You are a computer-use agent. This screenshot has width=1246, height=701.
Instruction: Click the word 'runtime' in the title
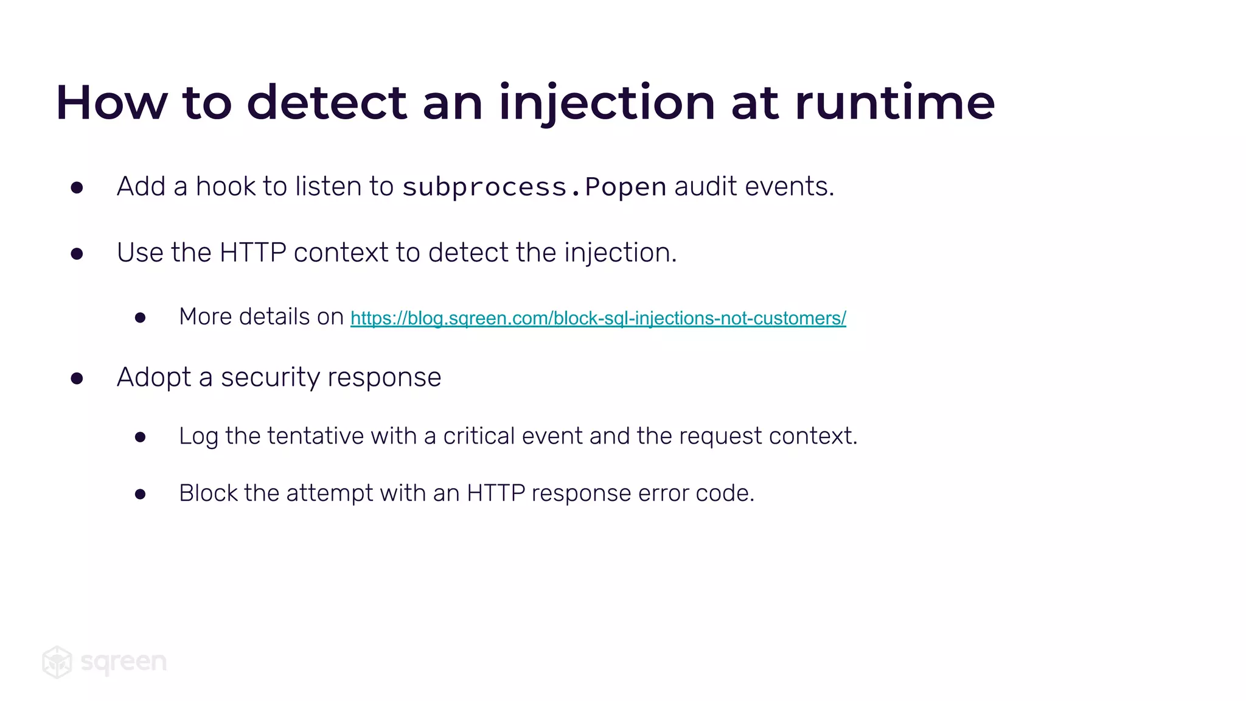(894, 102)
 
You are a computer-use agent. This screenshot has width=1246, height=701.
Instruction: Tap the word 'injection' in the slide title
(606, 102)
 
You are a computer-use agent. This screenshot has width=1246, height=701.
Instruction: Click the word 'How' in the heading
(111, 102)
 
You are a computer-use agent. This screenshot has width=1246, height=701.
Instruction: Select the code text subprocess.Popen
(534, 187)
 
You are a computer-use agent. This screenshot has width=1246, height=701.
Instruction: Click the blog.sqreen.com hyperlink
(597, 318)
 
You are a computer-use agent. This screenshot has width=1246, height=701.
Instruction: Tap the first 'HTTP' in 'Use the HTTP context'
(252, 253)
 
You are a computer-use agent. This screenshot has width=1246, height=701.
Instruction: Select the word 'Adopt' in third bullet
(154, 377)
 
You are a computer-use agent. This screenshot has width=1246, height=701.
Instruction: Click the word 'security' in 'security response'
(270, 377)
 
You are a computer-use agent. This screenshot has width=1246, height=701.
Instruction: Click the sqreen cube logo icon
(57, 662)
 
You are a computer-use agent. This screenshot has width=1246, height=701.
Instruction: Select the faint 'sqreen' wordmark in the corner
(124, 662)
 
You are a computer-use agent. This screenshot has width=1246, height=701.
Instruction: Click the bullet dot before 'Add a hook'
(77, 187)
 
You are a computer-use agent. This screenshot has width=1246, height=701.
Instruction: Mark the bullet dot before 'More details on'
(141, 318)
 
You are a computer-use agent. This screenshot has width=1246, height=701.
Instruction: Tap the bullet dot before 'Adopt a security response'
(77, 378)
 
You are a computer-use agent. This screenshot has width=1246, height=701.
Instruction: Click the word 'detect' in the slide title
(327, 102)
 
